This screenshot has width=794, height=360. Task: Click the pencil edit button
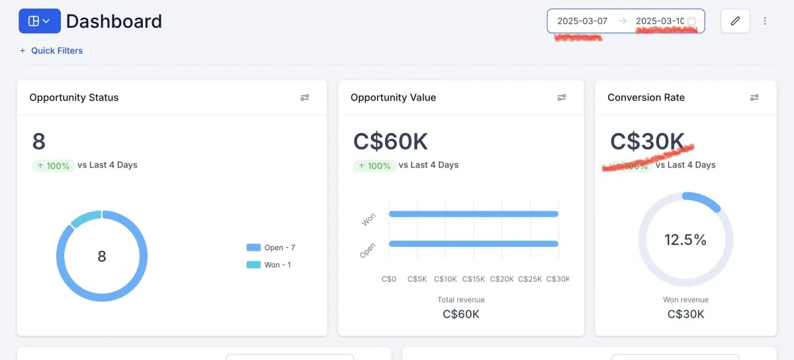pos(735,21)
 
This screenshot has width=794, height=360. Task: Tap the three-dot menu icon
pos(765,21)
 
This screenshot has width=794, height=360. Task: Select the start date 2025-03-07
pos(582,21)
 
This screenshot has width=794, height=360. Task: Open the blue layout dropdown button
pos(40,21)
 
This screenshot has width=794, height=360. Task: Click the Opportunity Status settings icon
pos(304,97)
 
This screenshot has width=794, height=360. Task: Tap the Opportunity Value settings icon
pos(562,97)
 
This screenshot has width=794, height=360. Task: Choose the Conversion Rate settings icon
pos(754,97)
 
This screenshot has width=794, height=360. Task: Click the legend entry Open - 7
pos(271,247)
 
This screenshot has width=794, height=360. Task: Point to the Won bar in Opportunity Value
pos(473,214)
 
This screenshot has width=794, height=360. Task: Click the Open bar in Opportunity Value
pos(473,244)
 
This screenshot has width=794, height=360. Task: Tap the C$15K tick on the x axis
pos(474,279)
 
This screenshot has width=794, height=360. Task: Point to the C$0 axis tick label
pos(389,279)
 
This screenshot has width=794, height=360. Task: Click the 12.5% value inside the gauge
pos(685,240)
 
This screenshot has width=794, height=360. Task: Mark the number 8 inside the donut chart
pos(102,256)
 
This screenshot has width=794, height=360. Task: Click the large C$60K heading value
pos(391,142)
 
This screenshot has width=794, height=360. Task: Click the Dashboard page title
pos(114,21)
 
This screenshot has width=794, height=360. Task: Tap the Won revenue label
pos(685,300)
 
